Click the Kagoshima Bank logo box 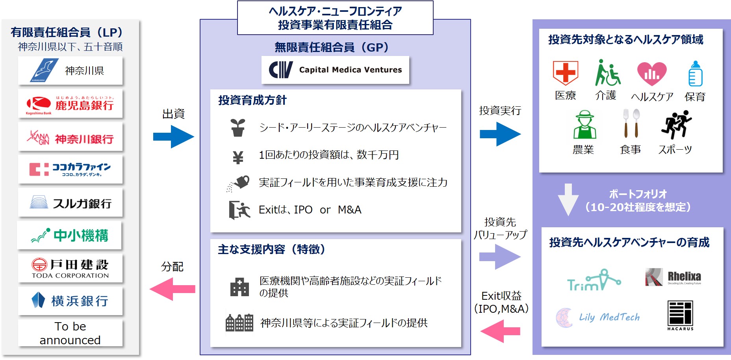70,104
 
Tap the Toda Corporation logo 70,268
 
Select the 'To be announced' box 70,333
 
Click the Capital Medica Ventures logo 335,70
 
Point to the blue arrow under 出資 173,136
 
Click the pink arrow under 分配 173,289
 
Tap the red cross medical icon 565,73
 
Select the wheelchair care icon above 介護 607,73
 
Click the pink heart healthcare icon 652,74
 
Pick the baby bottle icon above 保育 695,74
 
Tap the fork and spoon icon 631,123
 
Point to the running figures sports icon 676,124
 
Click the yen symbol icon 238,157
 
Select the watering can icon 239,183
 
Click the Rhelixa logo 673,277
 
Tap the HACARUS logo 680,315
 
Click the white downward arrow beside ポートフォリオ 568,199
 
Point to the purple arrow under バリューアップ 500,257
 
